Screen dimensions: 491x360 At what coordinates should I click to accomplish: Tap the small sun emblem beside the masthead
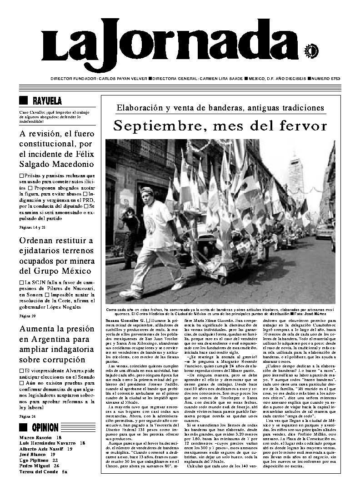312,50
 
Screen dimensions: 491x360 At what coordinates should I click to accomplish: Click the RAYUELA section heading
47,101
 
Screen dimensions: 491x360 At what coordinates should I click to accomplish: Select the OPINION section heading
45,427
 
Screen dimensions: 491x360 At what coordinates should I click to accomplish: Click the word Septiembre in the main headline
155,125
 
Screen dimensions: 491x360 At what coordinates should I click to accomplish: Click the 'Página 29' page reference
27,316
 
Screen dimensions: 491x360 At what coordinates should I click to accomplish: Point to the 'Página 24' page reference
27,416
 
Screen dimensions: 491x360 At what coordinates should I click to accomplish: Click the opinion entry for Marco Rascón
40,437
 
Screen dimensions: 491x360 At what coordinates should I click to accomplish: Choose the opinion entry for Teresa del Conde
43,472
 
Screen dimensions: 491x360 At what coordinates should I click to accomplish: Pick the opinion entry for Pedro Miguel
39,466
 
